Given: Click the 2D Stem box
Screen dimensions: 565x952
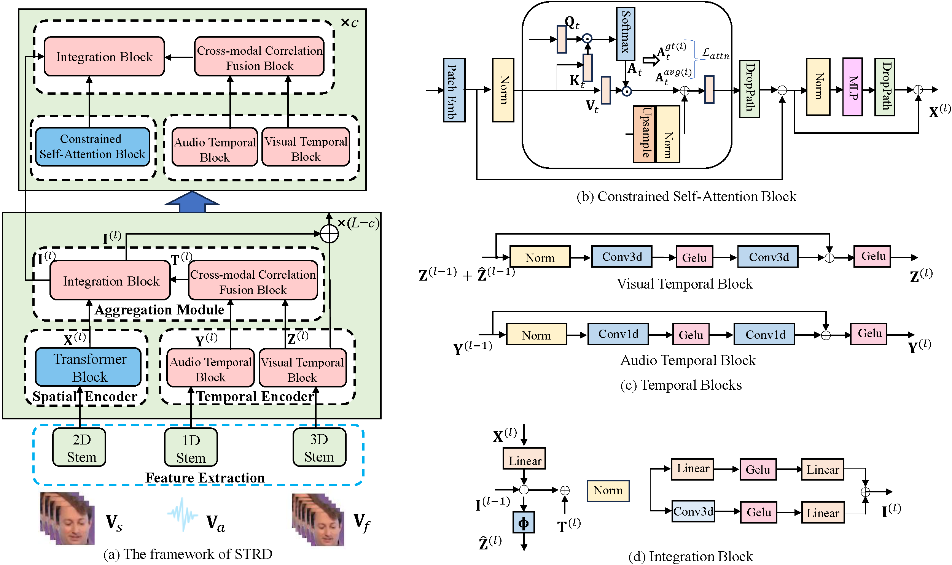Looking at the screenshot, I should point(79,448).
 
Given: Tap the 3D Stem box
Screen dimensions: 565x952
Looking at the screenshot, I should point(319,448).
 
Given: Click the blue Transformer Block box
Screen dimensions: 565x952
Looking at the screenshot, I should point(88,367).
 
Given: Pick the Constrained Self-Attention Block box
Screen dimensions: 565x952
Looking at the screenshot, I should point(92,147).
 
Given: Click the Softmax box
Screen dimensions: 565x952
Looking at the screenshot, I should point(625,33).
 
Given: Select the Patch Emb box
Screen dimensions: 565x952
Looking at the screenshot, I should point(454,90).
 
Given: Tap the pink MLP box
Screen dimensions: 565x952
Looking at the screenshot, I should point(852,87).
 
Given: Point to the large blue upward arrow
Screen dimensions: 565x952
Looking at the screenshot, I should point(192,202).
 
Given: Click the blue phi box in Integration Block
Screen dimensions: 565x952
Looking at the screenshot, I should point(524,523).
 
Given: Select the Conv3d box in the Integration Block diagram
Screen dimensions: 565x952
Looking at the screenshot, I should point(693,511).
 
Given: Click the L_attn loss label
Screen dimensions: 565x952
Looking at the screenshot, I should point(715,54).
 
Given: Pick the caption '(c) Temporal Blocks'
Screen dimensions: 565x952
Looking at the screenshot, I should point(681,385).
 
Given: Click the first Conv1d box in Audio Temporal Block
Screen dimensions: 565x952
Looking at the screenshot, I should point(618,334).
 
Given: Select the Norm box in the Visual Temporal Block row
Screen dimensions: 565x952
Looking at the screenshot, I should point(540,258).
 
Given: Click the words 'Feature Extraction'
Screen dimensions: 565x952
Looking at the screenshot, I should point(205,478).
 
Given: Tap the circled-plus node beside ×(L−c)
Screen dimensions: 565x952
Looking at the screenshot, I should point(329,234).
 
